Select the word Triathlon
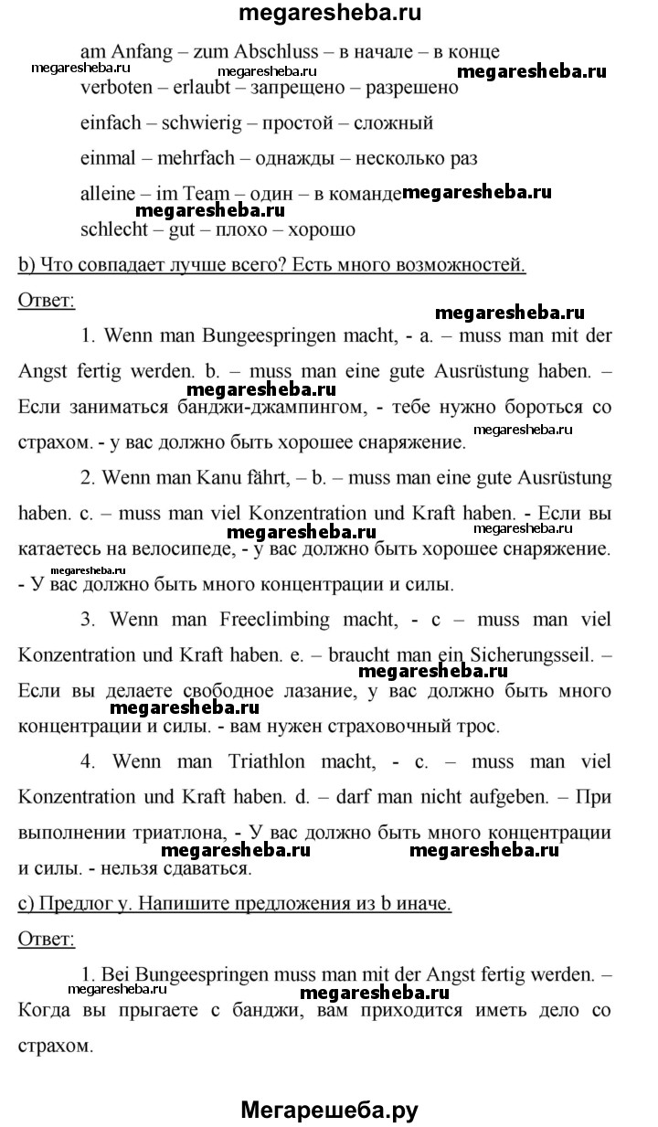281,761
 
